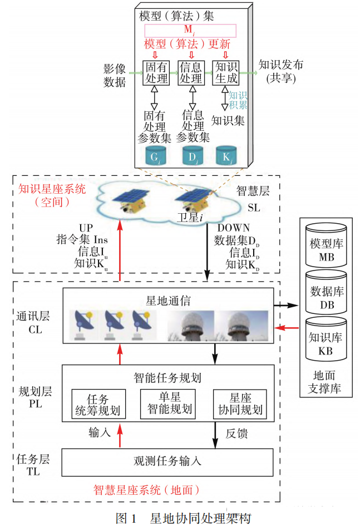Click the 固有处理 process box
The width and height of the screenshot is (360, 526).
tap(156, 73)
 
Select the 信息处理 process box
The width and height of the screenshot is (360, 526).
tap(191, 73)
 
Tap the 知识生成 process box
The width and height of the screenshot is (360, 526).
tap(226, 73)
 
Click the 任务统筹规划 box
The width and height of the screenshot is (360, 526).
tap(97, 405)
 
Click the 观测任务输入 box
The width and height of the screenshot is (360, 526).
tap(167, 460)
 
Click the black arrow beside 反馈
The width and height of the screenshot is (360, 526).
tap(215, 434)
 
